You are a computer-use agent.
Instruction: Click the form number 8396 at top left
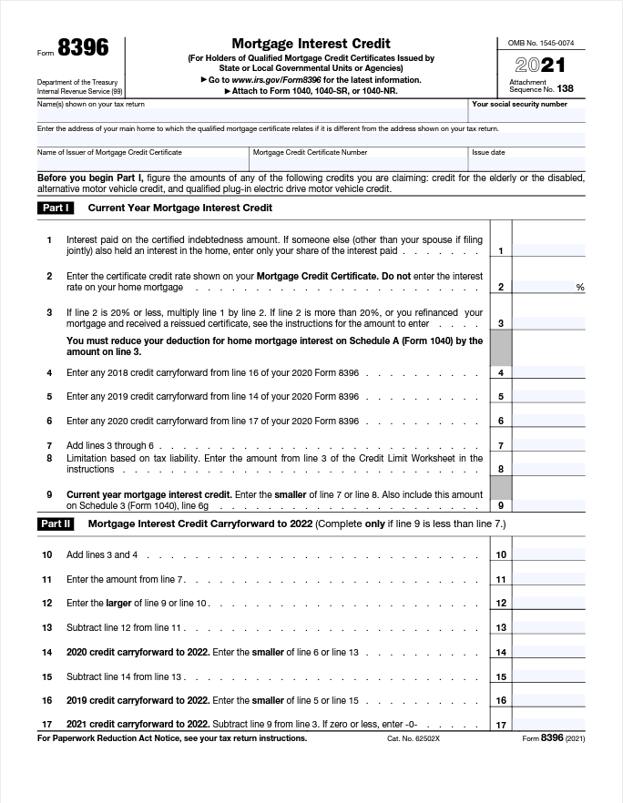click(x=83, y=49)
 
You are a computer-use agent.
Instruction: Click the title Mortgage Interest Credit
click(x=311, y=43)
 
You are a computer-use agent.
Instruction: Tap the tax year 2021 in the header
click(x=540, y=66)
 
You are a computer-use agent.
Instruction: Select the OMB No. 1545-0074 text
click(x=540, y=43)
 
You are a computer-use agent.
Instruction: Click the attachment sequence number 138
click(x=565, y=88)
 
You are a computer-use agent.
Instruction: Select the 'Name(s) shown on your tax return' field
click(x=251, y=116)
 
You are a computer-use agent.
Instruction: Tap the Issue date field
click(x=527, y=162)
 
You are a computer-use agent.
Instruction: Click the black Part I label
click(x=56, y=208)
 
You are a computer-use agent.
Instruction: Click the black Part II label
click(x=56, y=523)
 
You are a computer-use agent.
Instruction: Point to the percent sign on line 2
click(x=580, y=288)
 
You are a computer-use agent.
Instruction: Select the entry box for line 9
click(x=548, y=504)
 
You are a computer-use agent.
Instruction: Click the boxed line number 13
click(x=501, y=627)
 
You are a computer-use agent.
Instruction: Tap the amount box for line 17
click(x=548, y=725)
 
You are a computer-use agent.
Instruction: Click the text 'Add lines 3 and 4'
click(x=103, y=554)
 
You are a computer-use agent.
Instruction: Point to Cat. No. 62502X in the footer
click(x=413, y=738)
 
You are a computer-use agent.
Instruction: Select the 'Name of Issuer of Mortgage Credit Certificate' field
click(x=142, y=162)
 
